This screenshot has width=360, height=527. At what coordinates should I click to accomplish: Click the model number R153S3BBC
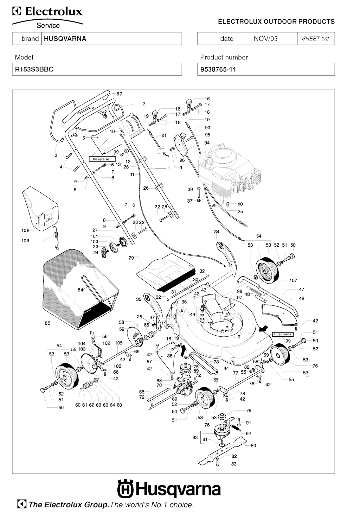(x=34, y=69)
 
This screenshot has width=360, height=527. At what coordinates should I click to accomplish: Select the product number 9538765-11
(x=218, y=69)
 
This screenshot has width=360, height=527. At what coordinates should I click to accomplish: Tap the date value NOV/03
(x=265, y=39)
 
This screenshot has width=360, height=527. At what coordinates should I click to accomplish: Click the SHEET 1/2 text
(x=315, y=39)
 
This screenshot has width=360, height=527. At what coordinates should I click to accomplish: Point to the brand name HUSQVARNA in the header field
(x=65, y=39)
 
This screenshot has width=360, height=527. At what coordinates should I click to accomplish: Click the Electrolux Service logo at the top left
(x=48, y=18)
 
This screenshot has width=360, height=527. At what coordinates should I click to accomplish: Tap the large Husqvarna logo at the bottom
(x=169, y=489)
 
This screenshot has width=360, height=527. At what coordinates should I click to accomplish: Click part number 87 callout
(x=119, y=94)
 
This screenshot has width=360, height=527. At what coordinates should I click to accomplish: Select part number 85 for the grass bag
(x=47, y=323)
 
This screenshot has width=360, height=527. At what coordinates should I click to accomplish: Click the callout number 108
(x=25, y=231)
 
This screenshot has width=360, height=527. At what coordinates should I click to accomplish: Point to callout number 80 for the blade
(x=253, y=445)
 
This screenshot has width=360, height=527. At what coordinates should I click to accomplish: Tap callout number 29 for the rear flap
(x=131, y=258)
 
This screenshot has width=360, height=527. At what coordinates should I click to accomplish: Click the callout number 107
(x=293, y=280)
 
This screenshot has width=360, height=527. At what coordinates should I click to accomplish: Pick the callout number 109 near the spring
(x=25, y=241)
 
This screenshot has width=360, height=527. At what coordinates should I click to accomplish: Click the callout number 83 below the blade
(x=234, y=464)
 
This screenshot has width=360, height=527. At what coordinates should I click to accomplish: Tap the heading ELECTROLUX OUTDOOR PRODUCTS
(x=276, y=21)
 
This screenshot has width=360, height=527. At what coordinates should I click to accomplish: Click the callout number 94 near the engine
(x=207, y=143)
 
